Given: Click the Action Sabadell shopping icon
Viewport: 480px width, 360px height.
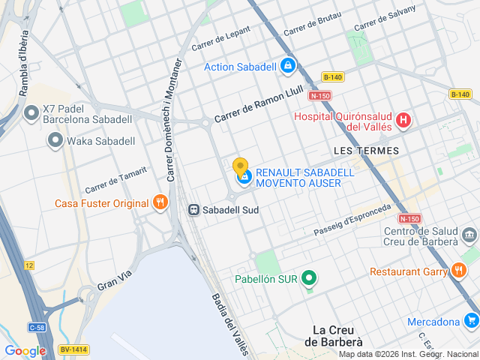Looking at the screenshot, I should coord(287,67).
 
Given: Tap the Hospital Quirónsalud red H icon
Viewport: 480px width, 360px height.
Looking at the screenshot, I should coord(403,119).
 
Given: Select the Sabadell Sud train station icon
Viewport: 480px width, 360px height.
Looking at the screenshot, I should coord(193,210).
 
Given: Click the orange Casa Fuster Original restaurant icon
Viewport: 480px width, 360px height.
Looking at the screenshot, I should coord(159,202).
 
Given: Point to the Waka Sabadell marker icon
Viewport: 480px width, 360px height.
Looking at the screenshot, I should coord(55,140).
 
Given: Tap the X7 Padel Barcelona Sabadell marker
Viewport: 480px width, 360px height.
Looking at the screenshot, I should coord(31,112).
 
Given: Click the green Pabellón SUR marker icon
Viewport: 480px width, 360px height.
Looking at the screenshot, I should coord(308,279).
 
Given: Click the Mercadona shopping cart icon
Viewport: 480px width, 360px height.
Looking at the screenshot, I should coord(471,322).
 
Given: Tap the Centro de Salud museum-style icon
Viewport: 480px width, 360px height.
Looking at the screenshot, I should coord(469,235).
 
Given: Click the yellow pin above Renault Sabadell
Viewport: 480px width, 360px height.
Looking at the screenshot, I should coord(241,166).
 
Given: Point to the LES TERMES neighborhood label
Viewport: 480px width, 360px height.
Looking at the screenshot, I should coord(365,151).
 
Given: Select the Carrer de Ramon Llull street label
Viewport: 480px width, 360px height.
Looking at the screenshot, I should coord(258,106).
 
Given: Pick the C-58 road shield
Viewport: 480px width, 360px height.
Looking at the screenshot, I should coord(37,327).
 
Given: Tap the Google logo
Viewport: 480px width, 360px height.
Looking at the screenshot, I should coord(25,351).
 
